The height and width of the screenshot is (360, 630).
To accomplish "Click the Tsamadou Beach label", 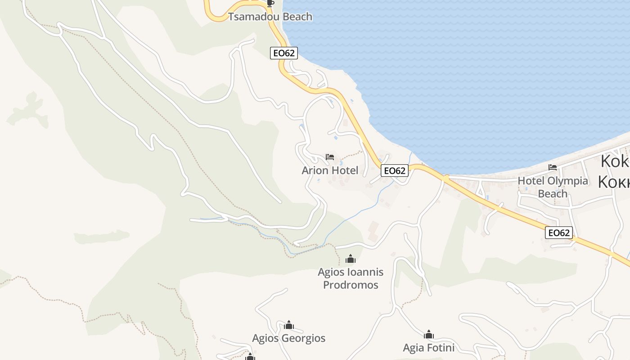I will (270, 17).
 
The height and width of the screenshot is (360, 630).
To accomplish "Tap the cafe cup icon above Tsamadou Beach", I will (270, 4).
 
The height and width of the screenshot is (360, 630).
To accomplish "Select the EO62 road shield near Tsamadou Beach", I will (284, 53).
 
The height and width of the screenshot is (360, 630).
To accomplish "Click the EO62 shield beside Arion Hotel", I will (394, 171).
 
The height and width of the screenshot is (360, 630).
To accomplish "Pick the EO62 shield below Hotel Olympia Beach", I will (559, 233).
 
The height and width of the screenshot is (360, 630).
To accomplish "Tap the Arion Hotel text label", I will (330, 171).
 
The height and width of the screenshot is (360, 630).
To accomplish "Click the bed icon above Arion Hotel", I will (330, 157).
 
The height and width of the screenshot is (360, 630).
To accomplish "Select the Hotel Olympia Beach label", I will (553, 187).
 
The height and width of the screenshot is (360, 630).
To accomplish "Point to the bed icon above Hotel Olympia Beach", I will (553, 167).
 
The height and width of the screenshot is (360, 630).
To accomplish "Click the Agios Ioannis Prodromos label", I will (351, 278).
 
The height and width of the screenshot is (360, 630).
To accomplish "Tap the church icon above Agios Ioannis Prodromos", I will (351, 259).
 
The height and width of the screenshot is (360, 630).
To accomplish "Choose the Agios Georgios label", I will (289, 338).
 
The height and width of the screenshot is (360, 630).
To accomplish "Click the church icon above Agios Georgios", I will (289, 325).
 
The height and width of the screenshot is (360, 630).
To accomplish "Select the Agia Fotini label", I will (428, 348).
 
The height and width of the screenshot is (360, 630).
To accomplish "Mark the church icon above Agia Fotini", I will (428, 334).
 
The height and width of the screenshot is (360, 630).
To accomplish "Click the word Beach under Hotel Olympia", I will (553, 194).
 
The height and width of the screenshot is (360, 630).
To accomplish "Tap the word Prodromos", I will (351, 285).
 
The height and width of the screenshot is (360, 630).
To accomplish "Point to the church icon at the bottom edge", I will (250, 357).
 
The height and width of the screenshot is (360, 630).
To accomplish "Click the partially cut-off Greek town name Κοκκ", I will (614, 181).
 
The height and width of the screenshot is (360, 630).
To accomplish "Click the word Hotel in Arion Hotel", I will (344, 171).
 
